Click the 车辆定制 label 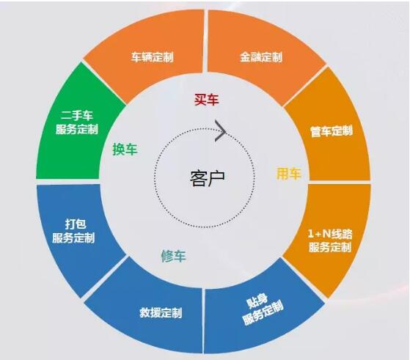[x=152, y=57]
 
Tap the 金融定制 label [x=261, y=57]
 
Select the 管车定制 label [x=332, y=131]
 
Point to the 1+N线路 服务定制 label [x=330, y=240]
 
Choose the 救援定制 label [x=161, y=312]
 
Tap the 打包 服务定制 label [x=73, y=231]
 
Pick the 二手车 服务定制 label [x=77, y=122]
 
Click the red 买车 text [x=206, y=100]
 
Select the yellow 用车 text [x=289, y=174]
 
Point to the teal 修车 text [x=173, y=256]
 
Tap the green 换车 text [x=125, y=150]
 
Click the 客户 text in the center [x=207, y=179]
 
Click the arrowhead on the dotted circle [x=220, y=131]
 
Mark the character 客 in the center [x=198, y=179]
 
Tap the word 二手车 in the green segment [x=77, y=116]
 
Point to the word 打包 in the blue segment [x=76, y=224]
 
